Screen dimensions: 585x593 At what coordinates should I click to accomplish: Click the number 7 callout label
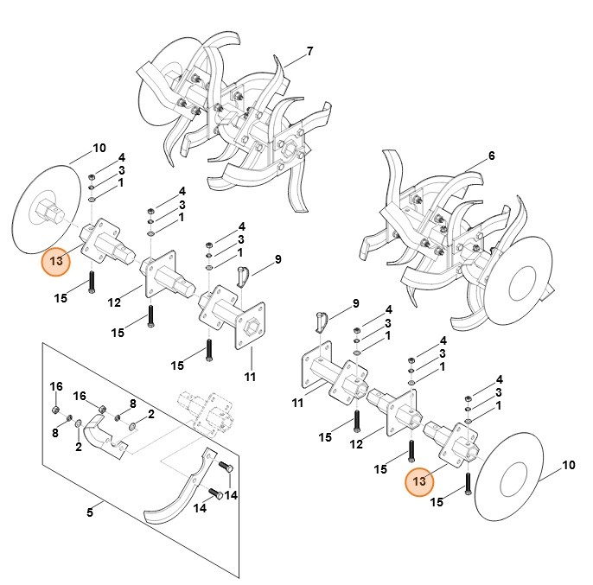click(309, 51)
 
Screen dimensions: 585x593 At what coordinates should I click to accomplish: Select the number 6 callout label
click(491, 156)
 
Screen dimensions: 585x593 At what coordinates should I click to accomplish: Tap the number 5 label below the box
click(89, 513)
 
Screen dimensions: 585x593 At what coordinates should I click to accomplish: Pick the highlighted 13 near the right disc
click(421, 481)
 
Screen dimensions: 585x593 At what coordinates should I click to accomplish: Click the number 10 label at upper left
click(99, 148)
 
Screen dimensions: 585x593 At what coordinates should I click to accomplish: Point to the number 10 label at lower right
click(569, 466)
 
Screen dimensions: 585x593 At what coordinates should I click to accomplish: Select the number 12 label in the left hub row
click(114, 302)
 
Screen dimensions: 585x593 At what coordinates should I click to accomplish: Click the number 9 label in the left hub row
click(278, 259)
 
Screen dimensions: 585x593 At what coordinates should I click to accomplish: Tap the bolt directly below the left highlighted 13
click(92, 283)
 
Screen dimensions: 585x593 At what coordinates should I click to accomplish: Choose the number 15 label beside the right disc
click(437, 502)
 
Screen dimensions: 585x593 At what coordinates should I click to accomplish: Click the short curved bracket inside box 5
click(110, 432)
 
